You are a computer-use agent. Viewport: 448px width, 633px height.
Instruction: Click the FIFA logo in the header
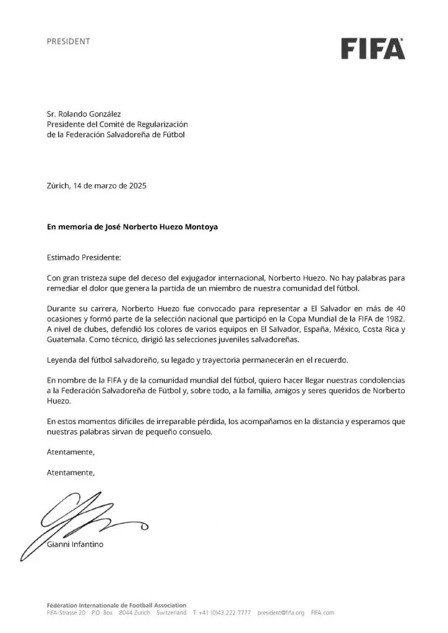tap(373, 48)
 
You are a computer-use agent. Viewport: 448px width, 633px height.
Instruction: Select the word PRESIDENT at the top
tap(69, 41)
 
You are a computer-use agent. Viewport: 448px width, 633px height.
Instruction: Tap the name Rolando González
tap(92, 114)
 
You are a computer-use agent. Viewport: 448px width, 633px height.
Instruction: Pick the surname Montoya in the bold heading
tap(196, 226)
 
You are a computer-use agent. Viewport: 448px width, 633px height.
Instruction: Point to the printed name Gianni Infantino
tap(75, 544)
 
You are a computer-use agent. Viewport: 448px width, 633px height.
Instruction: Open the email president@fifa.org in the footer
tap(282, 612)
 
